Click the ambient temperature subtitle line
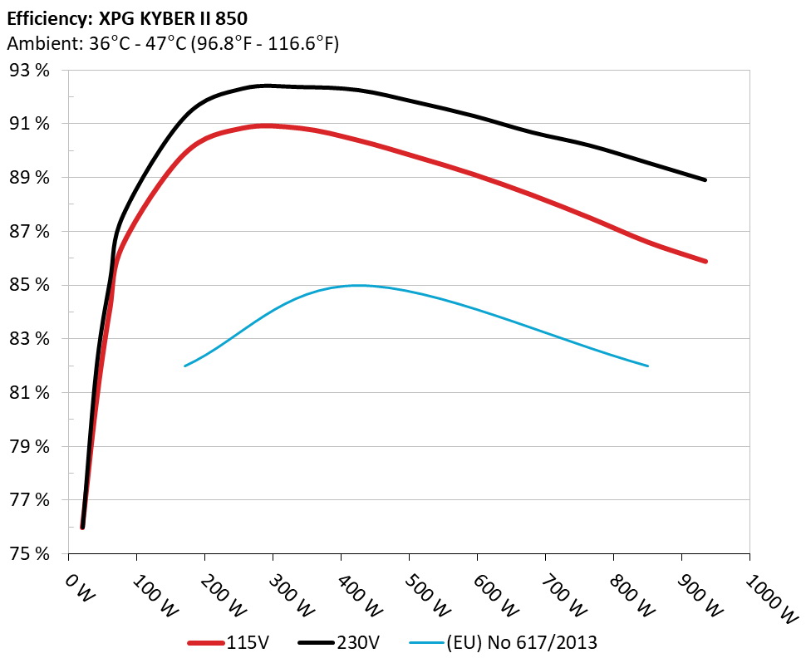173,44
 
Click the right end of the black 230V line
705,179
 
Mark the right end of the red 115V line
705,261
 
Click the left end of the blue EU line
184,366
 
